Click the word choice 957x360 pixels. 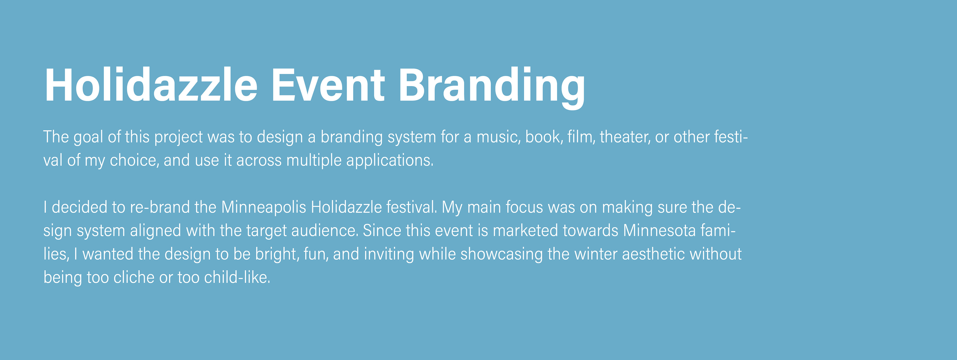coord(134,160)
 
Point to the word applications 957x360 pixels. coord(390,160)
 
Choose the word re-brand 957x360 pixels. coord(160,207)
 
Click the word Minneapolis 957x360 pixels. coord(263,207)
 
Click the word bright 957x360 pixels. coord(277,254)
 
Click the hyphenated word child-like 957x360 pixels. coord(237,277)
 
